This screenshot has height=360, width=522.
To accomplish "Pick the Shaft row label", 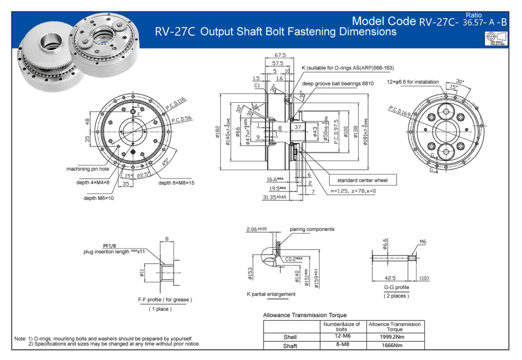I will click(x=290, y=346).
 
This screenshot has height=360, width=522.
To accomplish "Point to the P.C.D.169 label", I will click(x=400, y=112).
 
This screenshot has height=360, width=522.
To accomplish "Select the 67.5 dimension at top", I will click(x=280, y=55).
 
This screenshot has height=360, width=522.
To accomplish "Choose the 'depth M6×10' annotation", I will click(x=99, y=198).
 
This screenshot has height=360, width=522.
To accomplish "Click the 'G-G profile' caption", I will click(x=396, y=288).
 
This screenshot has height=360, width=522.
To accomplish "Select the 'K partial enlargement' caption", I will click(x=271, y=294).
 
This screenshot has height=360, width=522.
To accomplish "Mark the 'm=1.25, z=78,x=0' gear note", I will click(x=353, y=191).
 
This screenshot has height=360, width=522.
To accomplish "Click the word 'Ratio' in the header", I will click(x=473, y=16).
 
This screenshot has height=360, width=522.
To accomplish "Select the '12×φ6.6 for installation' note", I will click(x=420, y=82).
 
